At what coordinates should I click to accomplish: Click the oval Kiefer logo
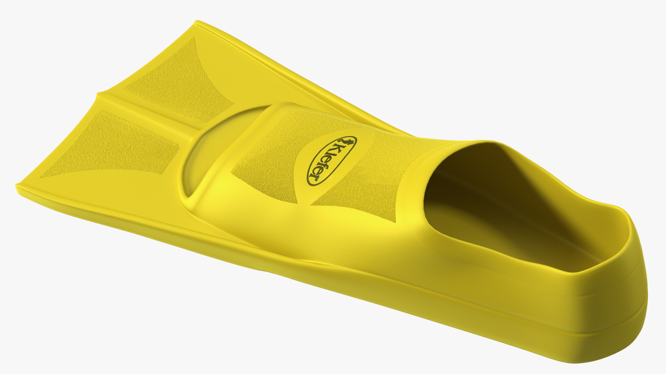pos(332,160)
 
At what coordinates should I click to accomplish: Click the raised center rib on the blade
pos(149,114)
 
